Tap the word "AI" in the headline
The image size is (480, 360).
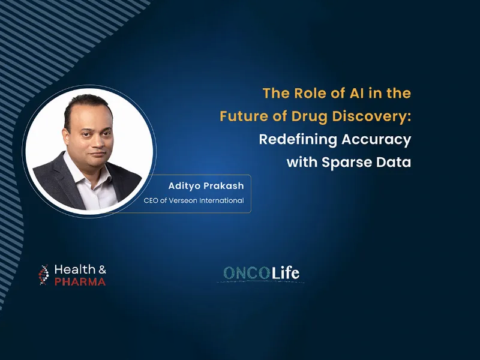point(356,94)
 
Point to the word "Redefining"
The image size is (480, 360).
point(297,140)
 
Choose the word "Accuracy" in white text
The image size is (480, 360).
point(376,140)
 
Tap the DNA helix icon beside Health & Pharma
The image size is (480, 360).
point(44,275)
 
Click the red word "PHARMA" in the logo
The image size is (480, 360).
point(80,281)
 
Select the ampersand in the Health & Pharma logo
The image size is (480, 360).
point(102,269)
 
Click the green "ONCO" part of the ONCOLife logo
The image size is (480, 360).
point(247,273)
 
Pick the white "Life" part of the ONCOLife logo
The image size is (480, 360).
point(286,273)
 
